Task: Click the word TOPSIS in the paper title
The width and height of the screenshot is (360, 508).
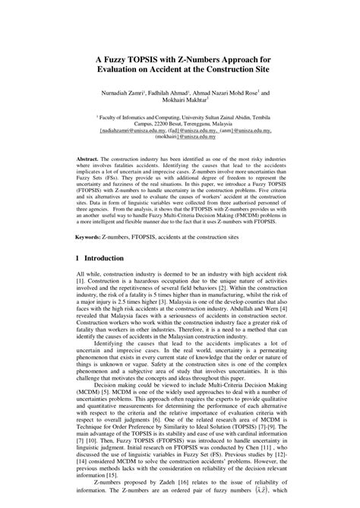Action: click(x=136, y=59)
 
